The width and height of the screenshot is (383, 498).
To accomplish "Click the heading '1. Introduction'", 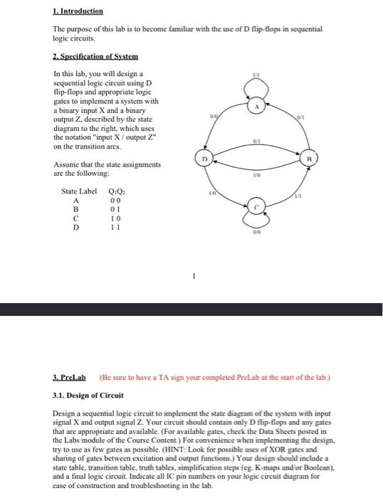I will pos(78,11).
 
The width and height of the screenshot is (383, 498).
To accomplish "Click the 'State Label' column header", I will pos(79,191).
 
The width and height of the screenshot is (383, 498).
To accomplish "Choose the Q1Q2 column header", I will pos(115,191).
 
